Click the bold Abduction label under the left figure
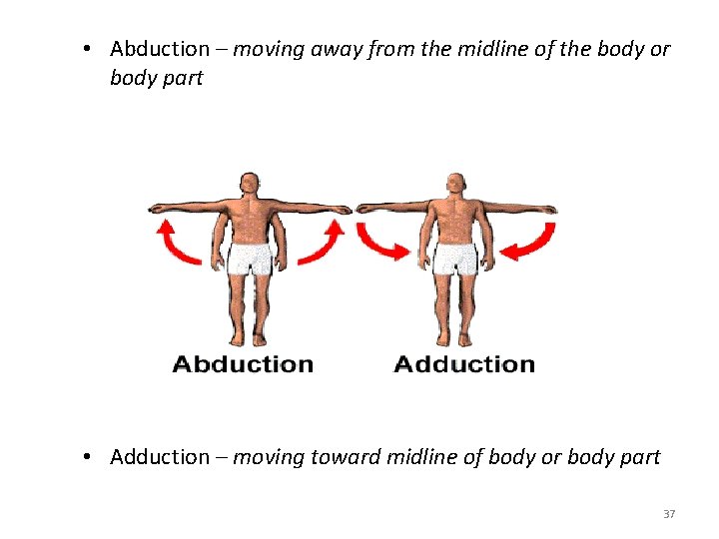click(x=243, y=364)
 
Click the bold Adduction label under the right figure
click(x=464, y=364)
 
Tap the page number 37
click(x=669, y=514)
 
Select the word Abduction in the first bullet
click(x=160, y=49)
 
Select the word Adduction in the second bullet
click(x=160, y=457)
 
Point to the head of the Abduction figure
click(x=249, y=185)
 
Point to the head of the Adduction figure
click(x=456, y=185)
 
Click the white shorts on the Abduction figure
click(x=250, y=258)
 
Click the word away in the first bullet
click(x=328, y=49)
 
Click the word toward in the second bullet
click(x=339, y=457)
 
